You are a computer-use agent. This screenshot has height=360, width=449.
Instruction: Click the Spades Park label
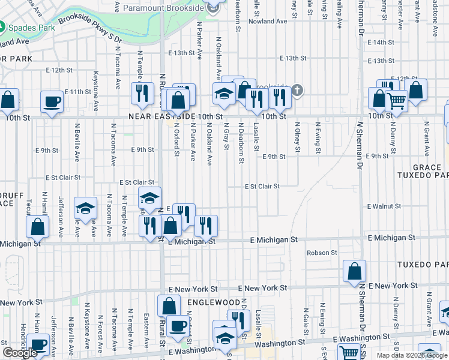pos(29,28)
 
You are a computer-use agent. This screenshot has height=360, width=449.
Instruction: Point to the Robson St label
pos(322,253)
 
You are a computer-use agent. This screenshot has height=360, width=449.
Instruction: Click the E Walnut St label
pos(384,206)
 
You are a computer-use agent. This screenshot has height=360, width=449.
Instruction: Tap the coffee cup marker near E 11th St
pos(52,101)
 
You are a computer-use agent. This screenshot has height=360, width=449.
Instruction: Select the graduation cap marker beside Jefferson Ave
pos(86,208)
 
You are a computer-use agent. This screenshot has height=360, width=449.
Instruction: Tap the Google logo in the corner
pos(20,352)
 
